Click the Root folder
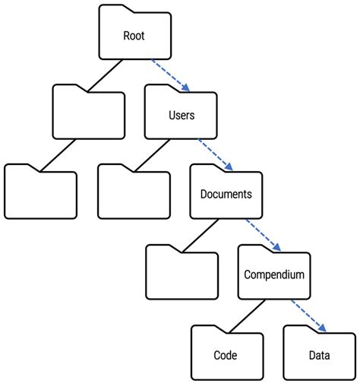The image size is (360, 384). click(x=134, y=36)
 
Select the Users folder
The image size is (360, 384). click(x=181, y=116)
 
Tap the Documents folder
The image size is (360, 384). click(x=226, y=194)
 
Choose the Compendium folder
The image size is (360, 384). click(x=274, y=274)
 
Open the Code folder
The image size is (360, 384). click(x=226, y=354)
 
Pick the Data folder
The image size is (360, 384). click(x=319, y=354)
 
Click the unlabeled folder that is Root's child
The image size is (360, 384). click(x=89, y=114)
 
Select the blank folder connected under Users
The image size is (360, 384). click(x=134, y=194)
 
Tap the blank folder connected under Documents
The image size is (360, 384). click(x=182, y=274)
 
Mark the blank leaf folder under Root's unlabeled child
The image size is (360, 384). click(x=41, y=194)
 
